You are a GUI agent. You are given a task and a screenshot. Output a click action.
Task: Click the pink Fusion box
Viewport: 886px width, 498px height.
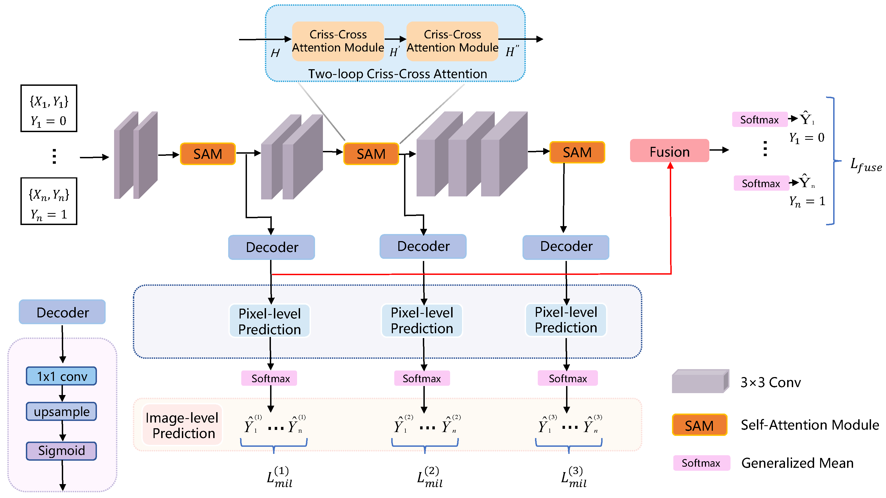coord(669,151)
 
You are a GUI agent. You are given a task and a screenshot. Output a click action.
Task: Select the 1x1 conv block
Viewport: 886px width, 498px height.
coord(62,376)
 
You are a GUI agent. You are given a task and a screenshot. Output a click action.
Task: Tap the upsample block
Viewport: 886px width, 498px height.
coord(62,412)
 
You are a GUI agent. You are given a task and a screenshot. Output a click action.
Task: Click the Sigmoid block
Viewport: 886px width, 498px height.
coord(62,451)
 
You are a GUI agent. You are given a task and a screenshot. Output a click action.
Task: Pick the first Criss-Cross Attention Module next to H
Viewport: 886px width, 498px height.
coord(338,41)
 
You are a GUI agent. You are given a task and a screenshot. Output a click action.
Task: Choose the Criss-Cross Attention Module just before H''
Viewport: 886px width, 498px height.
coord(452,41)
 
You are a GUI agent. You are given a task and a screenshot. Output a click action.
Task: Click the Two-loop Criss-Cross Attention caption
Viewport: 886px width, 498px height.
coord(398,74)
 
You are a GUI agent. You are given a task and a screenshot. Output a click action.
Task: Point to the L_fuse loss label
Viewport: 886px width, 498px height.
coord(866,165)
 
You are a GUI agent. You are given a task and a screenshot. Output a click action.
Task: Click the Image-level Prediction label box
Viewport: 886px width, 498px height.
coord(182,425)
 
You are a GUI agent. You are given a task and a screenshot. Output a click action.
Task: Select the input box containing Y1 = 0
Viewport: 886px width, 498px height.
coord(49,108)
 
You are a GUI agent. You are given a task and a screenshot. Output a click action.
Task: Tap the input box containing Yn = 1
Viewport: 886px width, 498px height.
coord(49,201)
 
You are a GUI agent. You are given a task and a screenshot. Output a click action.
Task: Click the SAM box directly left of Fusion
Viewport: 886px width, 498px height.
coord(577,152)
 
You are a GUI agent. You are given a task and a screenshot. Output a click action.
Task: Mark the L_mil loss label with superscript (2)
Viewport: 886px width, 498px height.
coord(430,477)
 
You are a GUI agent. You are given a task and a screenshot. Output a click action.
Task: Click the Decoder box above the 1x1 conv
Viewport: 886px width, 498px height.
coord(62,312)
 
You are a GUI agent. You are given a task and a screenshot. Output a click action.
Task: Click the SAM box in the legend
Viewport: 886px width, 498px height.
coord(699,425)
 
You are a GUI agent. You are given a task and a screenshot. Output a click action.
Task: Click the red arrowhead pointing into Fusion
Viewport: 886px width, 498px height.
coord(670,166)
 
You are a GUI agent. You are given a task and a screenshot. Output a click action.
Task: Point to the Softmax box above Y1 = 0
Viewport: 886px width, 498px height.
coord(759,119)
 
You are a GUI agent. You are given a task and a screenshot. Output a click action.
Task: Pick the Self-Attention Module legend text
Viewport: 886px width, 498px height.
coord(810,425)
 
